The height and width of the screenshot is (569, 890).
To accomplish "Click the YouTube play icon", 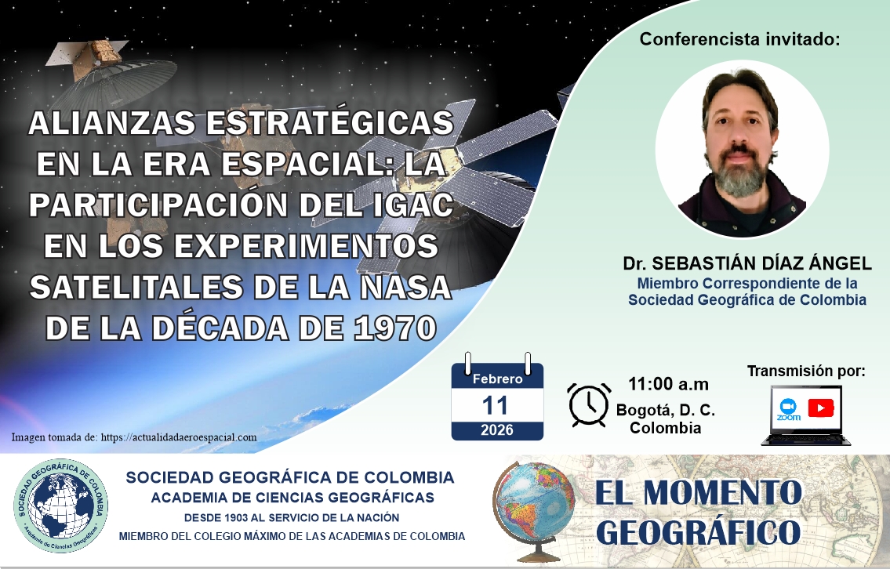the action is [x=820, y=408].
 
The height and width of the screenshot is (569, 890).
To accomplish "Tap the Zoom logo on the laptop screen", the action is [x=788, y=409].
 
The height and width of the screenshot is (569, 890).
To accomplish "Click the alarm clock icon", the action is [x=589, y=404].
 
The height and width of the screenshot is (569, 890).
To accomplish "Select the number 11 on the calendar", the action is [x=495, y=406].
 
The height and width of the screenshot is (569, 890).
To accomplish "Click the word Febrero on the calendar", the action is [x=497, y=379].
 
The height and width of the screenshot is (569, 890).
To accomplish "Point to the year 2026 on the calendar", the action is [x=496, y=430].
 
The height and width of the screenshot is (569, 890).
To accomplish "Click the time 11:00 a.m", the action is [x=668, y=384].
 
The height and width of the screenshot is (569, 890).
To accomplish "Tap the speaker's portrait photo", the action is [x=742, y=149].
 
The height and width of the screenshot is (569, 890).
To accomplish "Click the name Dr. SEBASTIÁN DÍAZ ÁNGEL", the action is [x=747, y=263].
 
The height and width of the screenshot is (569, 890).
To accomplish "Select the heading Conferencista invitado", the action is [x=739, y=39].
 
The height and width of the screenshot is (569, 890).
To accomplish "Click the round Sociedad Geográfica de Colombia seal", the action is [x=60, y=506].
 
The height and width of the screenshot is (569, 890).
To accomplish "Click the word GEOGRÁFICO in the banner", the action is [x=698, y=532].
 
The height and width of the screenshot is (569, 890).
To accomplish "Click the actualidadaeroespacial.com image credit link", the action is [x=179, y=437].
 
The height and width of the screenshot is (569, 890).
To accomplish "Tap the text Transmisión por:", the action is [x=806, y=371].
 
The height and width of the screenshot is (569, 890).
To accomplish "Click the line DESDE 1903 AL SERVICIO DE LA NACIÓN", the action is [x=291, y=517].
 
